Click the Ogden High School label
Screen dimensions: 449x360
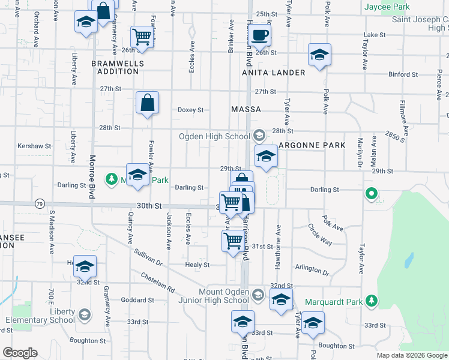(x=214, y=136)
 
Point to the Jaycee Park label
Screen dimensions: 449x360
(x=387, y=7)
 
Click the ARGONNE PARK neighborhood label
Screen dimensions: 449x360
(x=312, y=145)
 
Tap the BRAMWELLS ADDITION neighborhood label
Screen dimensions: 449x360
(x=115, y=67)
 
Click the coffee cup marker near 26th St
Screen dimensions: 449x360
(x=260, y=35)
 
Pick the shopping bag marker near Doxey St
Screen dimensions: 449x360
(x=148, y=103)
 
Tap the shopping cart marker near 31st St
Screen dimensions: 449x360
(x=232, y=241)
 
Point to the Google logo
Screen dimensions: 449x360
(x=20, y=353)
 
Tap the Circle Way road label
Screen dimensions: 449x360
(x=320, y=234)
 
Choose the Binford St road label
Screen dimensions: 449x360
(x=403, y=74)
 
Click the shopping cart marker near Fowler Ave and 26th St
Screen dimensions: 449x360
(x=142, y=36)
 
